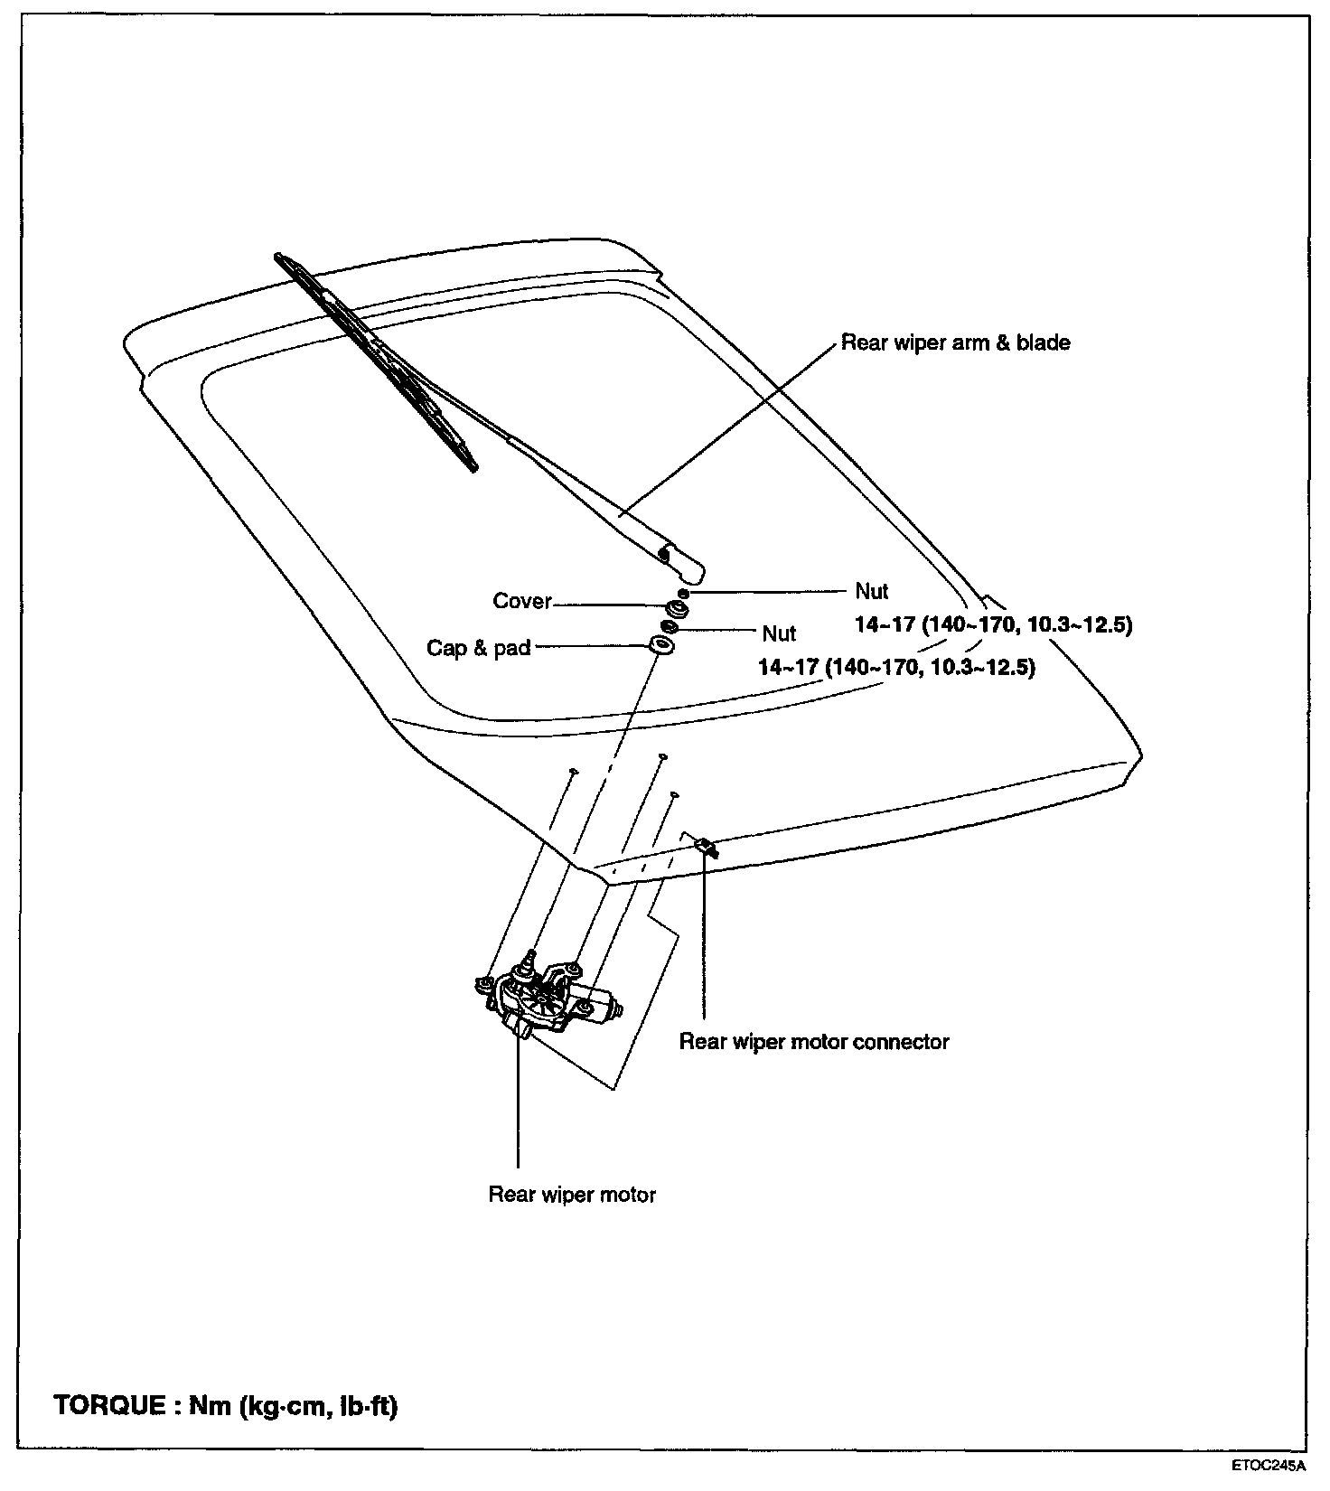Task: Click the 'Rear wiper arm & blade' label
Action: (x=955, y=343)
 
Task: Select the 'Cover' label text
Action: (x=522, y=602)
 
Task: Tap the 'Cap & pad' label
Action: (x=478, y=649)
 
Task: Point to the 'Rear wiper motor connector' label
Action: (x=814, y=1042)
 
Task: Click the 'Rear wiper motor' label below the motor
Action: (x=572, y=1195)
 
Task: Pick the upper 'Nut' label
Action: (x=872, y=592)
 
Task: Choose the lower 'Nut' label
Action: (x=779, y=633)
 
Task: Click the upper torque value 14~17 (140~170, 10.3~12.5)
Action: (x=993, y=624)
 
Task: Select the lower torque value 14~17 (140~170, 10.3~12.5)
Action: (x=896, y=668)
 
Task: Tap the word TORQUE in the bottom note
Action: (x=109, y=1406)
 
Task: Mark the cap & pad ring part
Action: (x=662, y=647)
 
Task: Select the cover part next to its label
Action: (x=676, y=608)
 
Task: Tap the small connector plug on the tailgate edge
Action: (x=707, y=847)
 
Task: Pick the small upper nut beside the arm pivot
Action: (x=683, y=593)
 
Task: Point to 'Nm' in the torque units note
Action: (x=207, y=1406)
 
